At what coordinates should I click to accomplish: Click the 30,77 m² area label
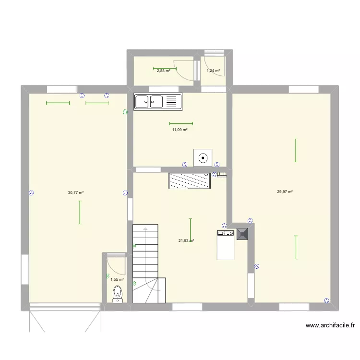(76, 192)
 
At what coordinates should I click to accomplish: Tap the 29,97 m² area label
(285, 192)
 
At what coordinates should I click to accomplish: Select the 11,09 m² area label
(180, 130)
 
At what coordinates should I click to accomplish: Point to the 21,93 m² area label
(186, 241)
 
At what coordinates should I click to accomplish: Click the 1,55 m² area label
(117, 279)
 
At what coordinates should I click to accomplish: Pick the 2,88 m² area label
(164, 71)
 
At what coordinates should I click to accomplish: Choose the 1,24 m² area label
(213, 71)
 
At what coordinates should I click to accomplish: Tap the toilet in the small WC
(117, 293)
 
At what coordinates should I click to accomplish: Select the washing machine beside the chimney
(225, 245)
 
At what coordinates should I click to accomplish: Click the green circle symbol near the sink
(125, 112)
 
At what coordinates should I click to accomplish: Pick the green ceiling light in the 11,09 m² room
(181, 123)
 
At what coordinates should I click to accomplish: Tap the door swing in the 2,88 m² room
(185, 70)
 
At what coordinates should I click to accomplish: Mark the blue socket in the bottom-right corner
(326, 300)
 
